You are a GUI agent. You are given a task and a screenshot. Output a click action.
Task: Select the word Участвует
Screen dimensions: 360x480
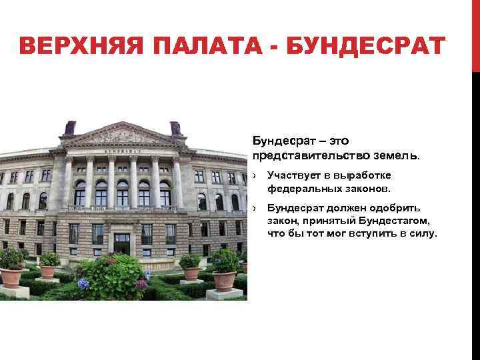pyautogui.click(x=293, y=175)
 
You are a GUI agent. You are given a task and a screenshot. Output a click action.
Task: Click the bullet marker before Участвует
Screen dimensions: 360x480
pyautogui.click(x=255, y=175)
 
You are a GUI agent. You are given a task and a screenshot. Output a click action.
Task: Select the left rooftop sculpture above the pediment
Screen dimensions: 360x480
pyautogui.click(x=69, y=127)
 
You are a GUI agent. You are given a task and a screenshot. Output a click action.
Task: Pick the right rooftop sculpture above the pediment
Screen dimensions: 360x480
pyautogui.click(x=175, y=127)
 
